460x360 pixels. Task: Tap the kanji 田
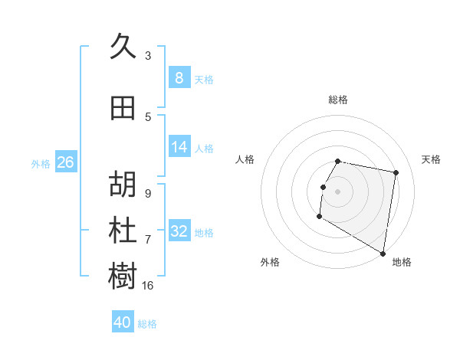pos(123,108)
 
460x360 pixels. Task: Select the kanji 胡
pos(123,185)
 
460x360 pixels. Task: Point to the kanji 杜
pos(123,231)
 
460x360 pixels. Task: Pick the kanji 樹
pos(123,277)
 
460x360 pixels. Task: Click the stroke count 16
pos(148,285)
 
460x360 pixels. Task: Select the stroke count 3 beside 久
pos(148,55)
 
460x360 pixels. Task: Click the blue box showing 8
pos(179,77)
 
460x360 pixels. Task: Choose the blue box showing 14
pos(179,147)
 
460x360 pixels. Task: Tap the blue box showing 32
pos(179,231)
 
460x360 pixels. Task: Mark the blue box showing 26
pos(65,162)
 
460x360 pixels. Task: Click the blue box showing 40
pos(123,322)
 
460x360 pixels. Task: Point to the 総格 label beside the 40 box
pos(148,324)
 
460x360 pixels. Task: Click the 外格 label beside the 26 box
pos(41,163)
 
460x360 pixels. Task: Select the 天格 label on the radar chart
pos(432,159)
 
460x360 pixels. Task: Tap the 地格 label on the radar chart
pos(402,262)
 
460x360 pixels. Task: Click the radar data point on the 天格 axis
pos(396,173)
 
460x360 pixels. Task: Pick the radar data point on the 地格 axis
pos(383,254)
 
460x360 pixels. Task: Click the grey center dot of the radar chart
pos(337,191)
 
